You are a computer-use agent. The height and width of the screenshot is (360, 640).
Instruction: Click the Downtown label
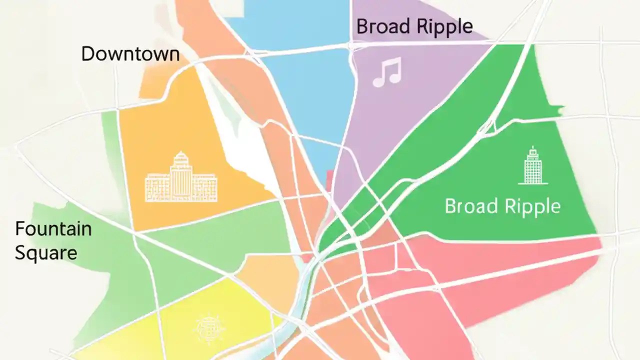click(x=130, y=54)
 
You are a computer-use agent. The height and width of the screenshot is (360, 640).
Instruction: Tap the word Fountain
click(x=53, y=229)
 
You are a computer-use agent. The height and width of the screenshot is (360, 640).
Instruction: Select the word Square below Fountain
click(x=46, y=253)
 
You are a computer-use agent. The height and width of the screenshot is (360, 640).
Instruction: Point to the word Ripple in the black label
click(x=443, y=26)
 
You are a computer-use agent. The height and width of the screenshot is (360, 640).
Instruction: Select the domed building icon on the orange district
click(x=180, y=177)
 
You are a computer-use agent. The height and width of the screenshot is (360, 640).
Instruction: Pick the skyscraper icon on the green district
click(x=533, y=165)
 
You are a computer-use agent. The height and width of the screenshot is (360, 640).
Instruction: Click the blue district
click(x=305, y=85)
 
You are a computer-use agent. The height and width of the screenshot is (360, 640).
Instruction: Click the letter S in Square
click(x=20, y=253)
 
